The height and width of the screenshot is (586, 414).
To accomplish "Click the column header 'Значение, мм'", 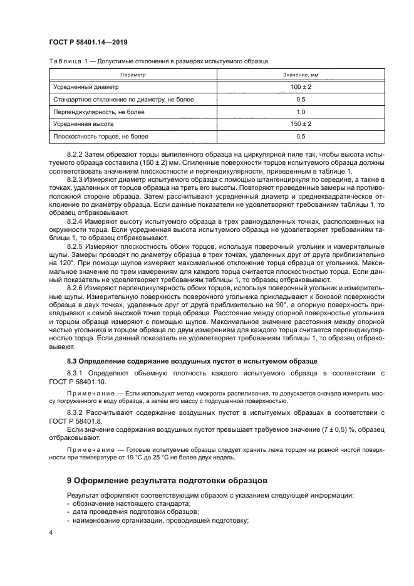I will [x=301, y=75].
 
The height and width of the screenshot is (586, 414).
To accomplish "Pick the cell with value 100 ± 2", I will [x=301, y=87].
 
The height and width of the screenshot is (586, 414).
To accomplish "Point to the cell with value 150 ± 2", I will [x=301, y=124].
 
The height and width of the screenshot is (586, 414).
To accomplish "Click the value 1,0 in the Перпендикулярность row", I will [x=301, y=112].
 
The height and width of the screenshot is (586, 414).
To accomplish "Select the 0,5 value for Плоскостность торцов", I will [x=301, y=136].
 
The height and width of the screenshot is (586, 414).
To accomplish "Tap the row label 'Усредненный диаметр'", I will [x=86, y=87].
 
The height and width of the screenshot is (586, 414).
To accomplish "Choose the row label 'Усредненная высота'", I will [x=84, y=124].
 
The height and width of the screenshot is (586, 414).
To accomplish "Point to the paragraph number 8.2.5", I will [x=75, y=246].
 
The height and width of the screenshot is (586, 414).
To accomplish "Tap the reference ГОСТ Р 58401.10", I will [x=78, y=382].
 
